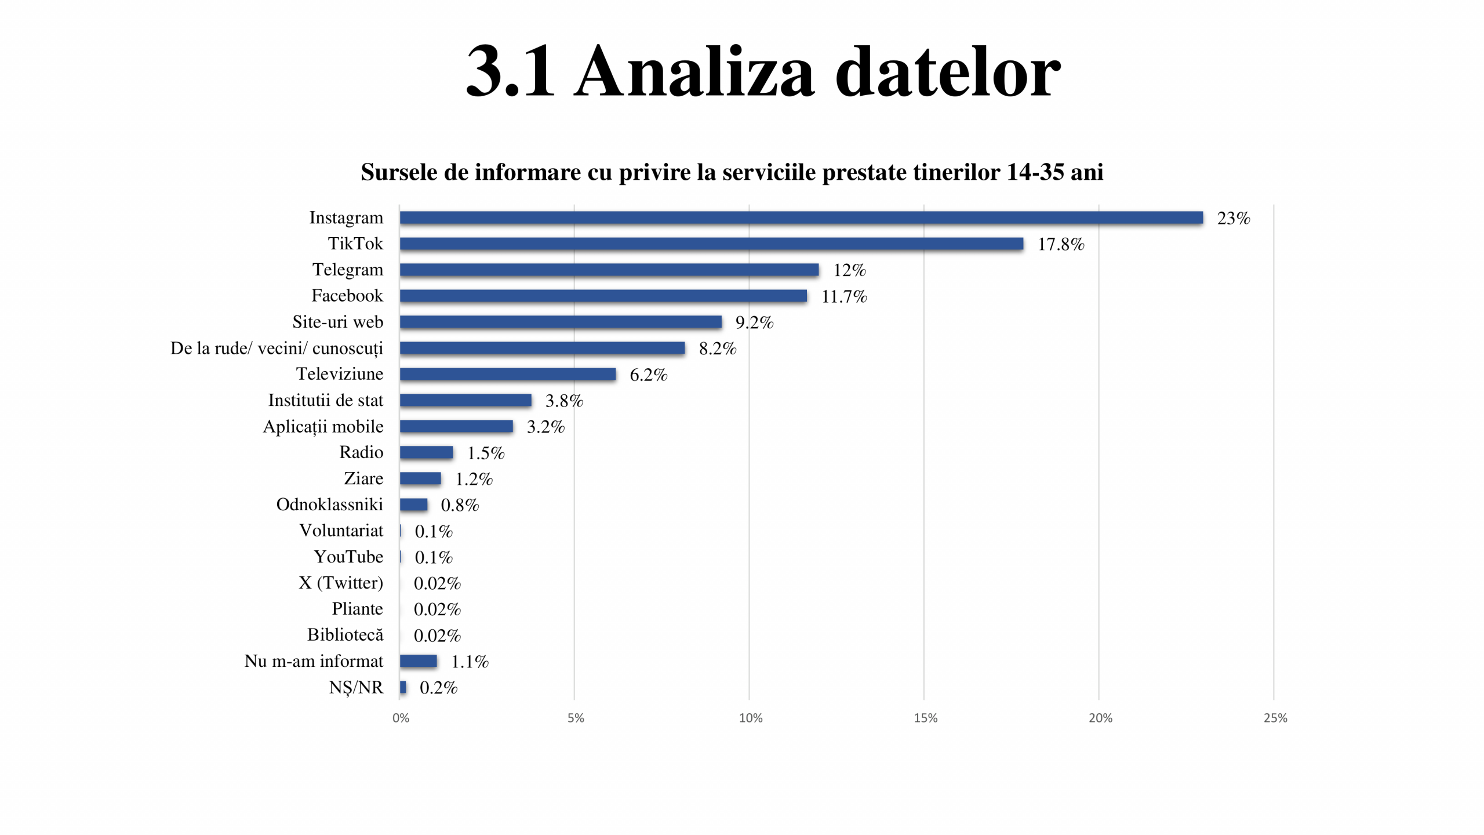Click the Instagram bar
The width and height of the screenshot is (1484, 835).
[801, 217]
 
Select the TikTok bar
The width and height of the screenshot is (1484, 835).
[711, 244]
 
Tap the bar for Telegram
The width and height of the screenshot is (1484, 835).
[609, 270]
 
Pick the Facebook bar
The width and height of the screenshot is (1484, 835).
[603, 296]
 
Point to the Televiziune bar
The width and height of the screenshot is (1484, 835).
[508, 374]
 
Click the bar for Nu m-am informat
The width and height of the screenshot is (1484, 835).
[418, 661]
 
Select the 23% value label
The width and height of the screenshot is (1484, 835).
[1233, 219]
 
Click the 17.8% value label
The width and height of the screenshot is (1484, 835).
[1060, 245]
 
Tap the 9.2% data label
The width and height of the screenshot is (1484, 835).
[754, 323]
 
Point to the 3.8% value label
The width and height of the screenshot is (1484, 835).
[564, 401]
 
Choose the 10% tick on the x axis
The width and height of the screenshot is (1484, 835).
[750, 718]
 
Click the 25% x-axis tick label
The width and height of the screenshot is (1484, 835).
[1275, 718]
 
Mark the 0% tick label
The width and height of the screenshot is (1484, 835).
[401, 718]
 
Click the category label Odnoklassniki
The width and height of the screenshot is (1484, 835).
[329, 504]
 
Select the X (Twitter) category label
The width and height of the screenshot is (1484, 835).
[341, 583]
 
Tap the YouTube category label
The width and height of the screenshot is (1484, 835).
[348, 557]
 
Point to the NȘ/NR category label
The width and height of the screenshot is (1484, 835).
[356, 688]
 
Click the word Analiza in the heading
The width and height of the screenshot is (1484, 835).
[695, 72]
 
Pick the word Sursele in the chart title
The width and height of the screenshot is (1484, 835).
[398, 172]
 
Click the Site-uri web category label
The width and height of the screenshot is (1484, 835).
[337, 322]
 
